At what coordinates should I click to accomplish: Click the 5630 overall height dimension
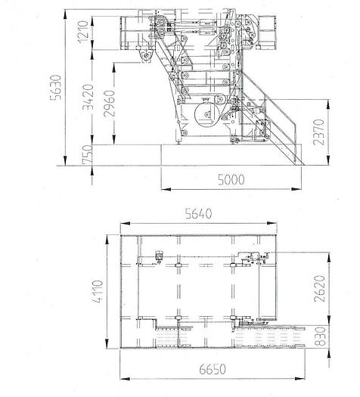(56, 88)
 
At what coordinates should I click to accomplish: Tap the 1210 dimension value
(83, 32)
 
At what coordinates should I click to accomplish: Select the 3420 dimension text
(88, 98)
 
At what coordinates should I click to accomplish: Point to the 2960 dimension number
(110, 104)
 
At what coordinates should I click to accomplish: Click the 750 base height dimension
(88, 155)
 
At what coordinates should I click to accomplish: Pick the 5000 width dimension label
(231, 179)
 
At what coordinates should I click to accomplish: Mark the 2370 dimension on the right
(318, 132)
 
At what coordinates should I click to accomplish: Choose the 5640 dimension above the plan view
(198, 213)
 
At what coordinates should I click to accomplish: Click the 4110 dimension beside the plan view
(98, 291)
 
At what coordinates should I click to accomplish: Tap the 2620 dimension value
(319, 289)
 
